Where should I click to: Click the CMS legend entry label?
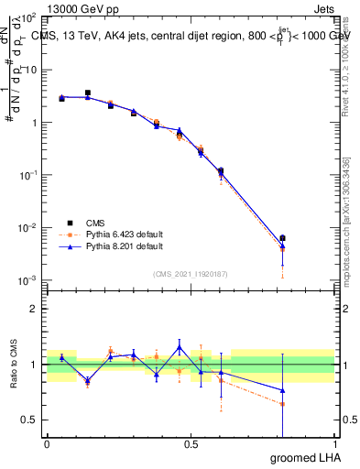95,223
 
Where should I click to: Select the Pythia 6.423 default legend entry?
124,234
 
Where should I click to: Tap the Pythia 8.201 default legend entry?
124,246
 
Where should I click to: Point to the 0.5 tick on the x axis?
191,444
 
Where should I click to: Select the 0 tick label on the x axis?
47,444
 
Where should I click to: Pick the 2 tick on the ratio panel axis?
35,309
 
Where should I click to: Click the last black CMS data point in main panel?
282,238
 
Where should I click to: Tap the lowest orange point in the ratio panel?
282,403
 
